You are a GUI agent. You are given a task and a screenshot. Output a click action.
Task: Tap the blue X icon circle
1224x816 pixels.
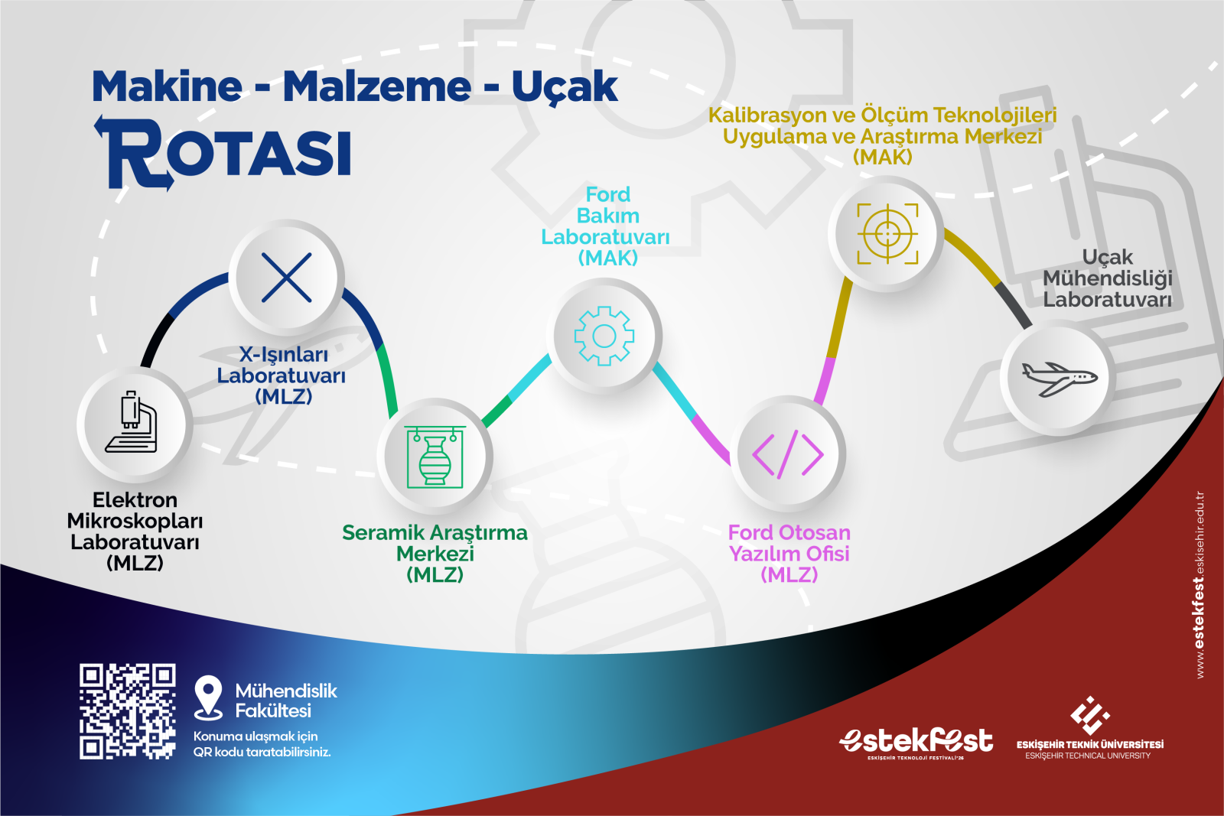tap(286, 278)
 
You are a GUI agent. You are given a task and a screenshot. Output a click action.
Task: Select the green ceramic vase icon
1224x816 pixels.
tap(435, 457)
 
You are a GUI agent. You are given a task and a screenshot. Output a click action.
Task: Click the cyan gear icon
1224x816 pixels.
tap(604, 336)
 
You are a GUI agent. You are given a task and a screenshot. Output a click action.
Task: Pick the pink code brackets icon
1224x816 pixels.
tap(788, 454)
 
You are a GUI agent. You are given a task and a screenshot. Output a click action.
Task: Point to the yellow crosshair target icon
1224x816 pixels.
tap(887, 234)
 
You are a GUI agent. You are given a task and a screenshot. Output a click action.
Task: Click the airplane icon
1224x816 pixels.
tap(1059, 379)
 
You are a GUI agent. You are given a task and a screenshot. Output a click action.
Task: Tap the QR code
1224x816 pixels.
tap(127, 711)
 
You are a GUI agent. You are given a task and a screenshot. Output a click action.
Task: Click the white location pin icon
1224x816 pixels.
tap(208, 697)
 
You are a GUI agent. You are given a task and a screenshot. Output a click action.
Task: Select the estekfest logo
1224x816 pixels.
tap(916, 742)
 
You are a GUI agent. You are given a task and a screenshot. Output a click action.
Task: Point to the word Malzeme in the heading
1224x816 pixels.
tap(376, 86)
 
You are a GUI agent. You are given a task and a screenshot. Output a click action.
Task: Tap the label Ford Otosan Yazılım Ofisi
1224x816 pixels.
tap(789, 553)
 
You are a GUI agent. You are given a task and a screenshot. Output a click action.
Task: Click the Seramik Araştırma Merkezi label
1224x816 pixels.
tap(435, 553)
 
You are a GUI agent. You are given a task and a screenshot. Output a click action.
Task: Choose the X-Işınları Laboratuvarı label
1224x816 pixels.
tap(282, 375)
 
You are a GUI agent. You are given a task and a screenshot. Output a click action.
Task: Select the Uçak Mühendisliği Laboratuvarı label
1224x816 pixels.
tap(1108, 278)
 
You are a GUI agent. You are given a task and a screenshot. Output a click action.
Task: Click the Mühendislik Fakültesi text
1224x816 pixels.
tap(286, 701)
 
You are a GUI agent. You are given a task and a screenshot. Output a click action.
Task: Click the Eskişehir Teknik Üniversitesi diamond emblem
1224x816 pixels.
tap(1089, 716)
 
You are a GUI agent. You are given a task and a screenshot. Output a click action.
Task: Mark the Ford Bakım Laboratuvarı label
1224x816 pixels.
tap(605, 226)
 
